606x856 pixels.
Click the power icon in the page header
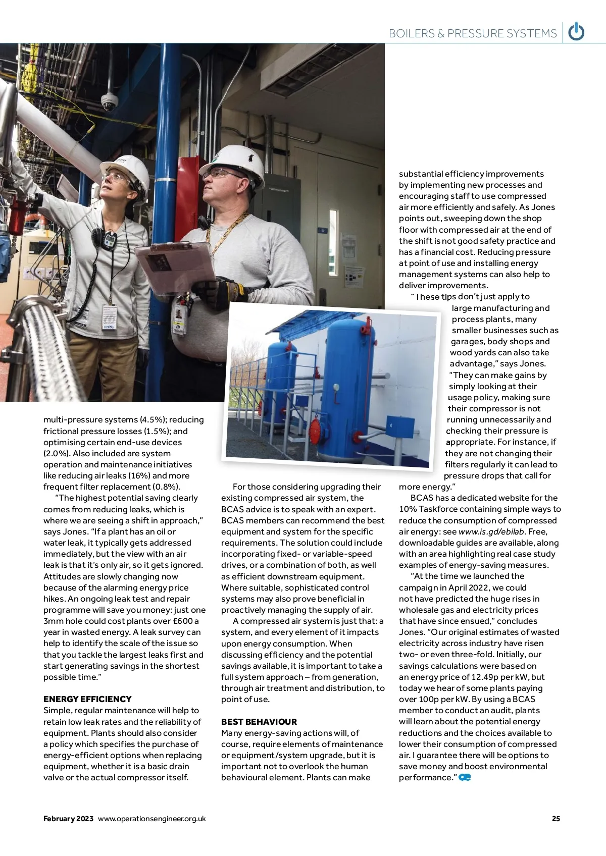point(576,32)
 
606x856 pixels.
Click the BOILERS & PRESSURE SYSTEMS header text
point(473,33)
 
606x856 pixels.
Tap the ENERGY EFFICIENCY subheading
point(87,699)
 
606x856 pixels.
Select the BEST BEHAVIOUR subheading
point(259,721)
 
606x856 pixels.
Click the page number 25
point(555,819)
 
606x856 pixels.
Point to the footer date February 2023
point(68,819)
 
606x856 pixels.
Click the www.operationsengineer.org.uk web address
point(152,819)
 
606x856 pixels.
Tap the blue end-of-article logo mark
point(465,777)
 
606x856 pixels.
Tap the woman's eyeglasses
point(116,178)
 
